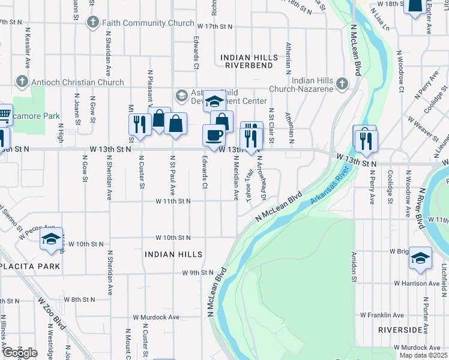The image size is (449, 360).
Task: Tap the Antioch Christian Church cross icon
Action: click(x=22, y=82)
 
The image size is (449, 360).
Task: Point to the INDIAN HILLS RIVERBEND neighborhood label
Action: click(x=249, y=62)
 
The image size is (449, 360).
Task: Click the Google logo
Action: click(x=20, y=353)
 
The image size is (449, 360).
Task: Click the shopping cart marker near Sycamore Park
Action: click(x=4, y=114)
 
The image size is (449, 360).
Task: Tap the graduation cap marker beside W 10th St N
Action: click(x=52, y=239)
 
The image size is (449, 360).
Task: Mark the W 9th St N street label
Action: click(x=199, y=273)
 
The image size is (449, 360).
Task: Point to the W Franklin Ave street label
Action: click(x=382, y=315)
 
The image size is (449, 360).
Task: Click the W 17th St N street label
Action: click(x=214, y=26)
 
